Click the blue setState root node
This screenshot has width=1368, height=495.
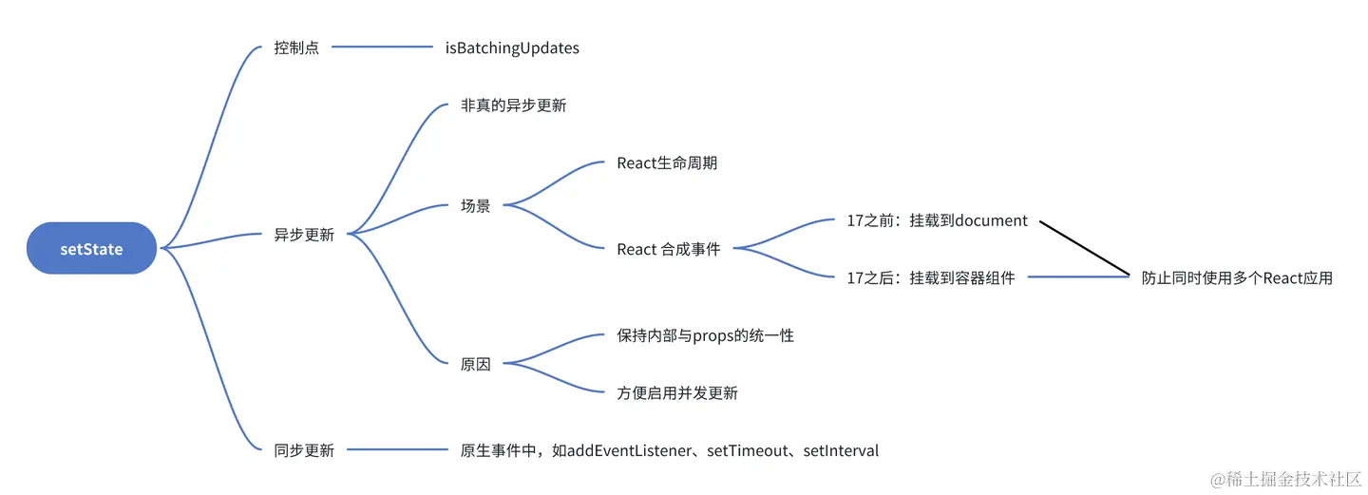coord(91,249)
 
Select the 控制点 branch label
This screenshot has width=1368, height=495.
coord(296,48)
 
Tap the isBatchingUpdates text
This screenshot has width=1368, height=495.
coord(512,48)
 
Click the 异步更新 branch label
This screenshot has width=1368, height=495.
coord(304,235)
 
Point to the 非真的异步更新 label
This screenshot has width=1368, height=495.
coord(513,105)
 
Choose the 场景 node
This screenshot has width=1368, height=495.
coord(476,205)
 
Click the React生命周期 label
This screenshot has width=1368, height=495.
coord(667,163)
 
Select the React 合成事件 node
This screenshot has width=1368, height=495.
coord(669,249)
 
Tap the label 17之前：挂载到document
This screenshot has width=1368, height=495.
coord(937,220)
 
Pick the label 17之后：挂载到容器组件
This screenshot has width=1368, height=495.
coord(931,277)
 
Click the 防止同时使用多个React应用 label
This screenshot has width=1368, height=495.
coord(1237,277)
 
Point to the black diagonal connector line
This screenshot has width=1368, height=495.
coord(1083,248)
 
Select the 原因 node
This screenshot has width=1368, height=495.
coord(476,364)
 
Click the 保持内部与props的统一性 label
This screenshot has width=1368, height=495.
coord(705,335)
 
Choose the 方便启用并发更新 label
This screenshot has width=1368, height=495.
coord(677,392)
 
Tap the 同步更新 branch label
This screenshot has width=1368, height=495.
coord(304,450)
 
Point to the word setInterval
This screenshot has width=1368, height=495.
coord(841,450)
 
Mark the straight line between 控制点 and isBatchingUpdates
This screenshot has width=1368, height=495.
coord(382,48)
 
